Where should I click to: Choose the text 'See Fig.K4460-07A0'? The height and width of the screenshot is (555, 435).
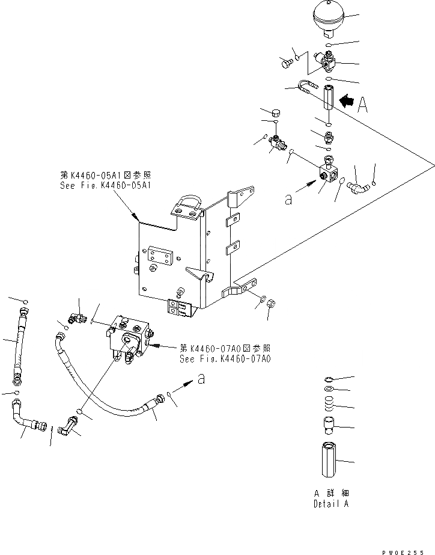coord(225,359)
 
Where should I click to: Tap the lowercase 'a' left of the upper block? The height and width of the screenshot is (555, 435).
coord(288,200)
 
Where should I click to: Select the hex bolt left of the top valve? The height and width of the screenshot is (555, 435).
coord(286,61)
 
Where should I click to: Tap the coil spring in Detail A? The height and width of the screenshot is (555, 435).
coord(328,404)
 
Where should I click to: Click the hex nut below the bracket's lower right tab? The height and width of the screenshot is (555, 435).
coord(270,302)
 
